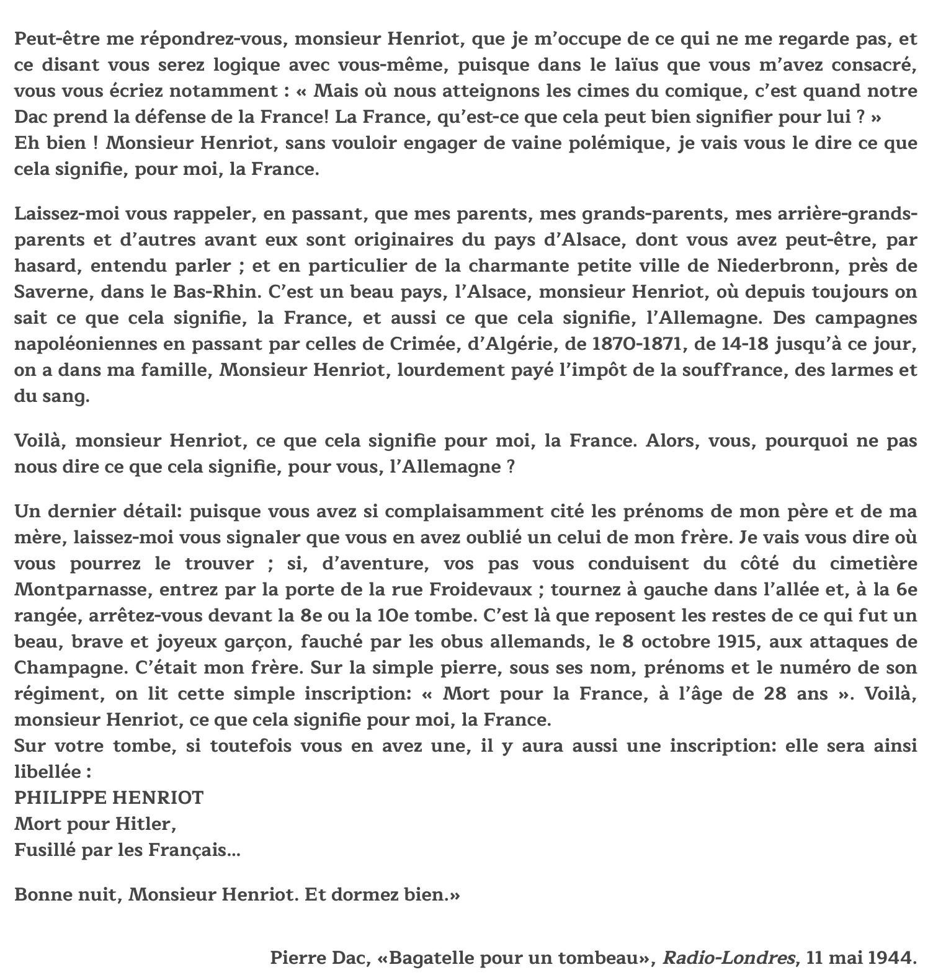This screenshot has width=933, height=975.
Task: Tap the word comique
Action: coord(700,91)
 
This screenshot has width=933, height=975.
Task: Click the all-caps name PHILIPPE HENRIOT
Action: coord(109,798)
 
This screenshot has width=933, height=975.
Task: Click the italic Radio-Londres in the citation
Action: coord(729,958)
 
